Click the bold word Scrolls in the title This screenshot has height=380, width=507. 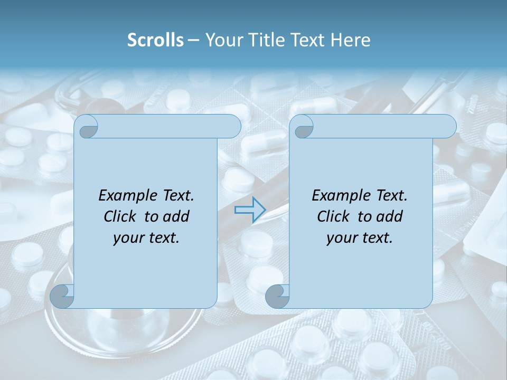(x=156, y=40)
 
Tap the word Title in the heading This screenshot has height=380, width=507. (x=263, y=40)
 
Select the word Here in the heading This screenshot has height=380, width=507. (x=350, y=40)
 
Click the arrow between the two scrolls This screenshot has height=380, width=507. (x=250, y=210)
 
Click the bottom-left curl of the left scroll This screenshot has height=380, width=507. (x=62, y=297)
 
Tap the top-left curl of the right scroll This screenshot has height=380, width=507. (x=304, y=127)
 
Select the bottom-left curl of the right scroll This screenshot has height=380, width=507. (x=277, y=297)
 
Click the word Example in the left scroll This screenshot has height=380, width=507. (x=126, y=196)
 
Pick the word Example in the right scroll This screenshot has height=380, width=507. (x=340, y=196)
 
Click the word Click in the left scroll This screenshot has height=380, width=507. (x=120, y=216)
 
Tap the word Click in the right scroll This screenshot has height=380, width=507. (x=333, y=216)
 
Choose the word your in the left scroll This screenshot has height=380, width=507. (x=128, y=238)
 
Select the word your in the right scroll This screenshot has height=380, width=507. (x=342, y=238)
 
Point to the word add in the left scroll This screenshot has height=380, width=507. (x=177, y=216)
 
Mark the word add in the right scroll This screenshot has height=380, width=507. (x=390, y=216)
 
